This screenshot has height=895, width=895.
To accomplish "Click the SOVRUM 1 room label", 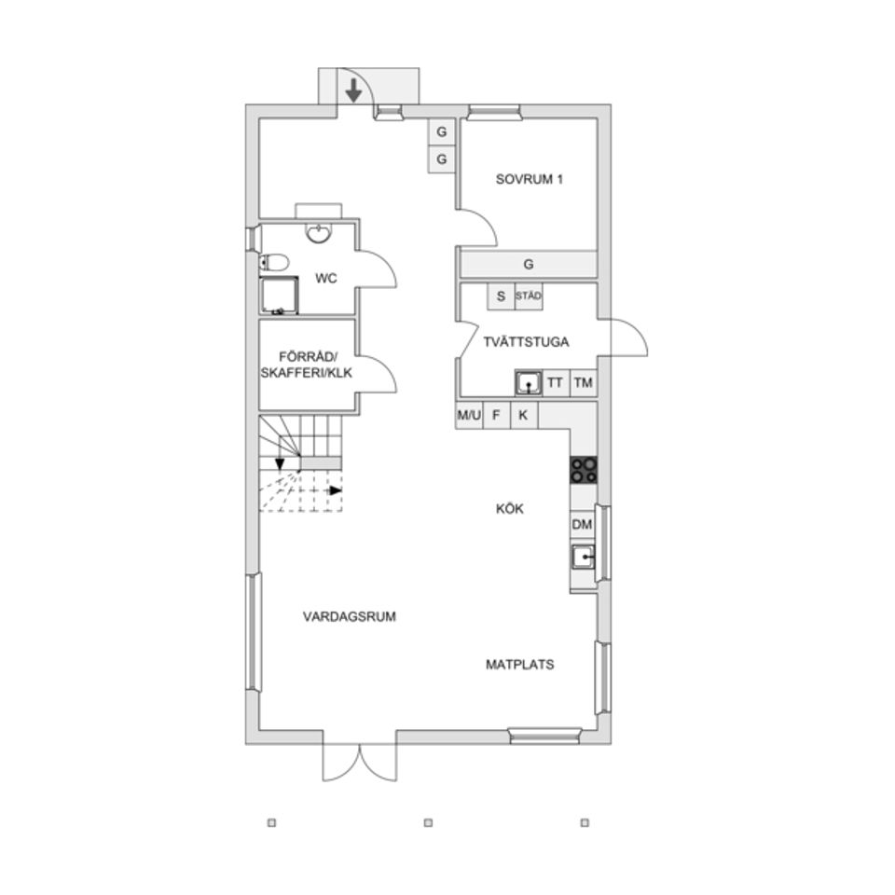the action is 530,179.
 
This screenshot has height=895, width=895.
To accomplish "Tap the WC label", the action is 326,279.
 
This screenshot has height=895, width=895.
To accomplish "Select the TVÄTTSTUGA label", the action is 526,342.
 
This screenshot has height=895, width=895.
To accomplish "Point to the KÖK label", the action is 510,509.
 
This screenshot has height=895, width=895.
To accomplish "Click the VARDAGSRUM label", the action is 350,616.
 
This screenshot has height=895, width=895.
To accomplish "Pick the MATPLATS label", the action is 520,665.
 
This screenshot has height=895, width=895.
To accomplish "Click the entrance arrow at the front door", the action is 354,90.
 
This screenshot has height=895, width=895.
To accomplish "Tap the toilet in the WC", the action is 274,263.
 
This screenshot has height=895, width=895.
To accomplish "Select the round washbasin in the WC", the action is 318,233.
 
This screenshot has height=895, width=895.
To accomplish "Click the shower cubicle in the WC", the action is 279,296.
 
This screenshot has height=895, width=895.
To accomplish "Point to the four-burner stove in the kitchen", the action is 584,470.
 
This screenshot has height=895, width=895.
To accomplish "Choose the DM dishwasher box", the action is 582,524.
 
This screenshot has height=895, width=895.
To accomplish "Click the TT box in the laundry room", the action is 555,382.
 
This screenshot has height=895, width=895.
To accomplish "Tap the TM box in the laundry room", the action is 583,382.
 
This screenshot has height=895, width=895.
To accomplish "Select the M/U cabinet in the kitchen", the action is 469,415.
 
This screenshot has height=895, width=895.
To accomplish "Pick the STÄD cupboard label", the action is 529,296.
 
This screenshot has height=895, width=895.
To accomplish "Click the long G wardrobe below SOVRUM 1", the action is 529,264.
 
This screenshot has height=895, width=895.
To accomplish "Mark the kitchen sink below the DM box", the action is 582,558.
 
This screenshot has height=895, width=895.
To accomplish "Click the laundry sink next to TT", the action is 529,382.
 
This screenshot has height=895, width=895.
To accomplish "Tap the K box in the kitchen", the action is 523,415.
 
